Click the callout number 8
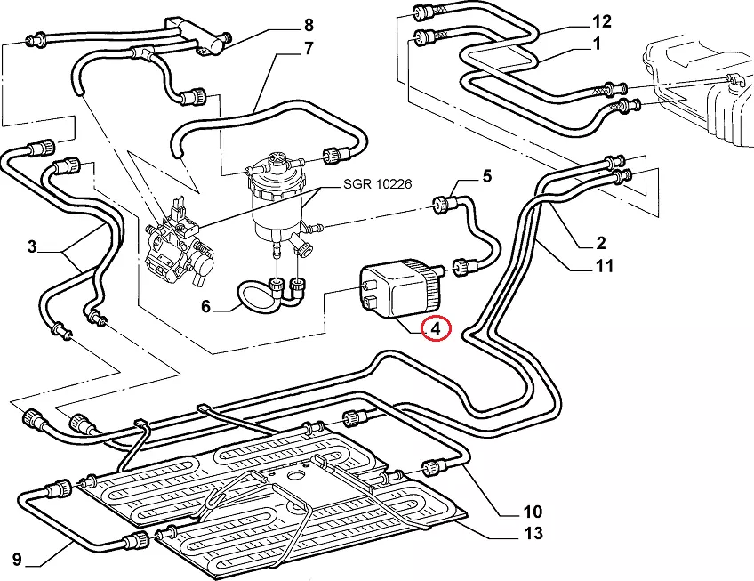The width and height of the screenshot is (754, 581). click(309, 24)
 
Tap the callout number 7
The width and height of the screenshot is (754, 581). click(309, 48)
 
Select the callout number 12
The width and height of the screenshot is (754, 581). click(602, 20)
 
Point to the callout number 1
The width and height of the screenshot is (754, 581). click(597, 43)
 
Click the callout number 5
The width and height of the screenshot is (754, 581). click(486, 176)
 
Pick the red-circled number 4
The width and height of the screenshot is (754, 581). click(436, 329)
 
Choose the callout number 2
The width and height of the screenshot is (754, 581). click(601, 242)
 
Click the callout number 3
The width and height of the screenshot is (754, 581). click(32, 246)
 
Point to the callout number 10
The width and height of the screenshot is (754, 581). click(532, 512)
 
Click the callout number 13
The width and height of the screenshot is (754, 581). click(532, 534)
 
